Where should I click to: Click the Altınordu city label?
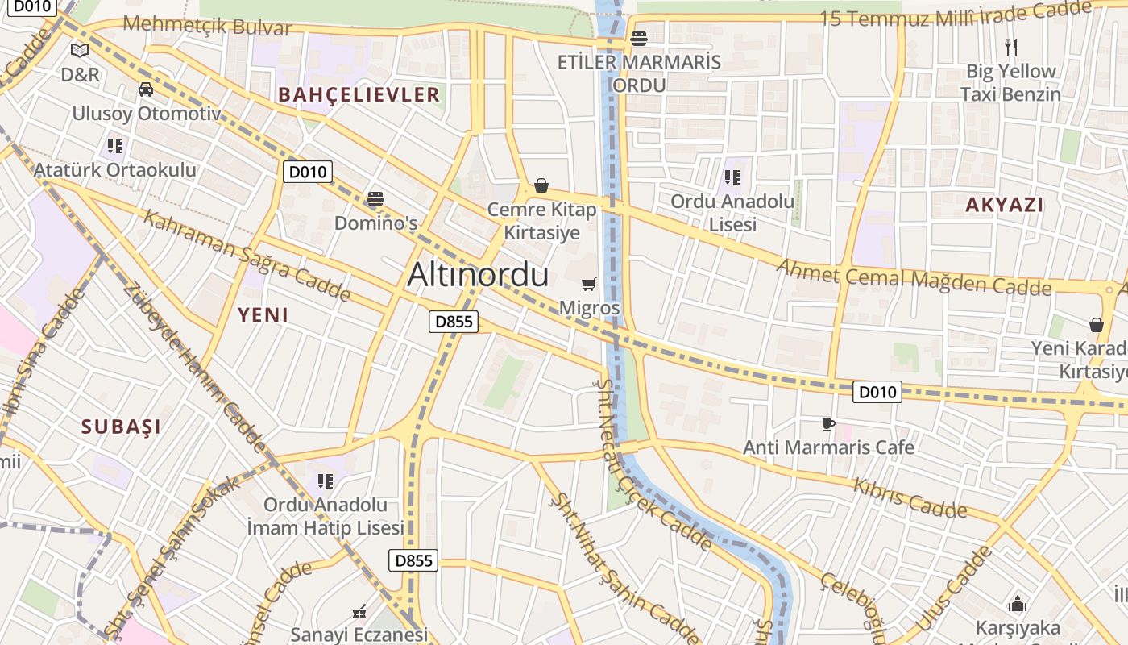(x=478, y=275)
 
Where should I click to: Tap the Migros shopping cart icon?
(x=589, y=284)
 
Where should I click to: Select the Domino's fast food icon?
(x=375, y=198)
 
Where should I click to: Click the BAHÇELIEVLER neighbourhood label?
(x=359, y=94)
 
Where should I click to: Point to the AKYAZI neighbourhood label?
(x=1005, y=205)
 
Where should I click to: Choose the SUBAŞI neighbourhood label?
(x=121, y=427)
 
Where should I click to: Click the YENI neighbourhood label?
(x=263, y=315)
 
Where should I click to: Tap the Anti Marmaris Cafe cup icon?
(x=827, y=424)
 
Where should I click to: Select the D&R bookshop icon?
(x=79, y=51)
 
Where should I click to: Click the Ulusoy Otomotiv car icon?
(x=146, y=89)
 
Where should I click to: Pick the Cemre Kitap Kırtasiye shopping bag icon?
(x=541, y=186)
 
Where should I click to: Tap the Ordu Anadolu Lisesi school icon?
(x=732, y=177)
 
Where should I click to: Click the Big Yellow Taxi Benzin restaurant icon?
(x=1011, y=48)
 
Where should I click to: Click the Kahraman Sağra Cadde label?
(x=247, y=256)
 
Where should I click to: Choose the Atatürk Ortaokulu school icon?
(x=115, y=146)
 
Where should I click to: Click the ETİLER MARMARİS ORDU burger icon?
(x=639, y=38)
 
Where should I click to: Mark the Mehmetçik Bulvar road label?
(x=207, y=26)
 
